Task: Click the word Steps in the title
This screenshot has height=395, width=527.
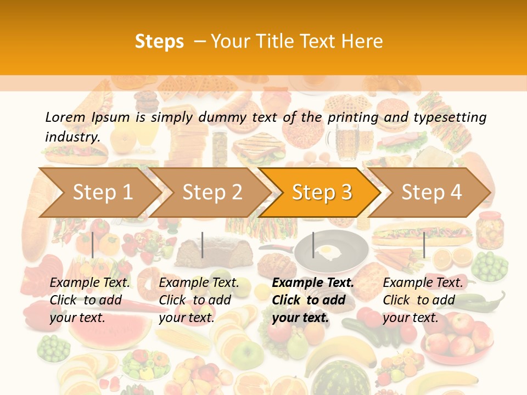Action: tap(159, 41)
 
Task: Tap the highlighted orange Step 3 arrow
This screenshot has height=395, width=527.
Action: tap(322, 192)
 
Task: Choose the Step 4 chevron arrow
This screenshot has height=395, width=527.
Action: tap(431, 192)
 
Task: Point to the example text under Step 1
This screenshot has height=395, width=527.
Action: tap(90, 300)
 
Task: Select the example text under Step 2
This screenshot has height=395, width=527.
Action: tap(199, 300)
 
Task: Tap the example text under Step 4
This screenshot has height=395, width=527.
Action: tap(423, 300)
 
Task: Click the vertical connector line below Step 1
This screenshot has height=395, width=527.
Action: tap(93, 245)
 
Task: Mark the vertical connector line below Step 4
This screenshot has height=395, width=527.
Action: tap(424, 245)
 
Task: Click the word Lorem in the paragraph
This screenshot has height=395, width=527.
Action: tap(65, 117)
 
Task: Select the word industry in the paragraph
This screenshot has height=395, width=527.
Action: tap(71, 137)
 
